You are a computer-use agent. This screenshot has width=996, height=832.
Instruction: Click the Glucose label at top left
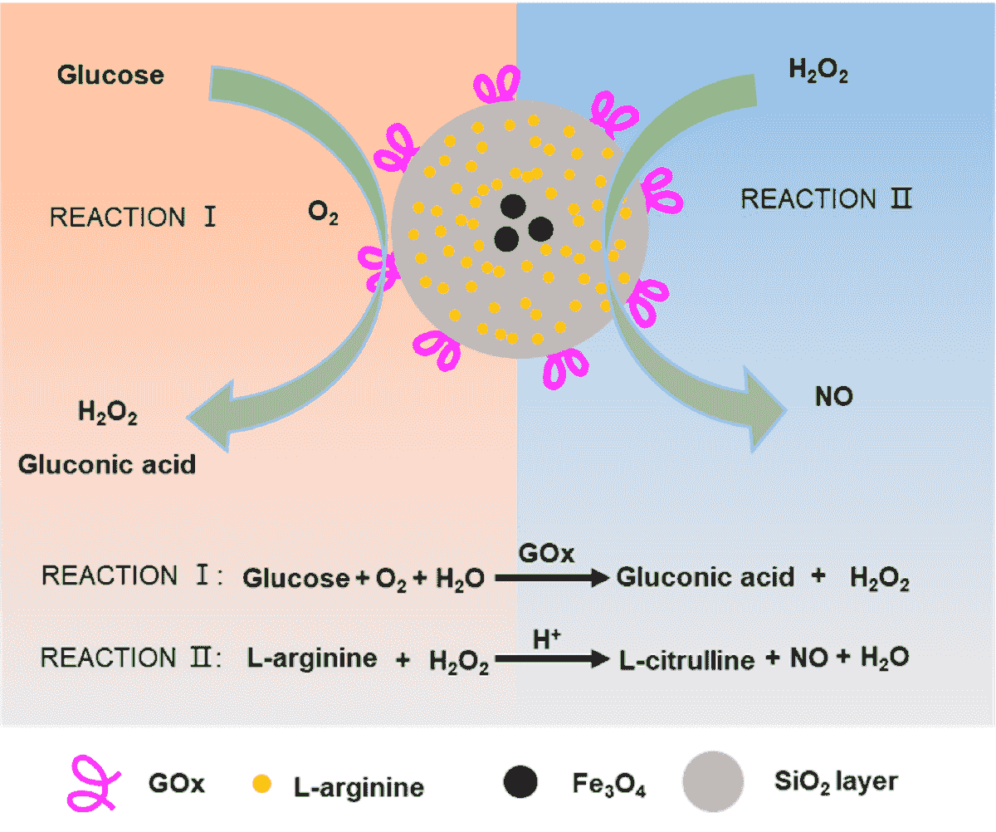coord(110,76)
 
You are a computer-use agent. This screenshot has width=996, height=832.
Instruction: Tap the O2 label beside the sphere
coord(323,214)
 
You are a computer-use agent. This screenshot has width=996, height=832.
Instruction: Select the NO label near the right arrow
coord(834,397)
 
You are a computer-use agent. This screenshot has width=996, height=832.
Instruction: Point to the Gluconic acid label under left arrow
coord(107,463)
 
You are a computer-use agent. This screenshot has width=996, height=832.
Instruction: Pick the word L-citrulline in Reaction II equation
coord(687,660)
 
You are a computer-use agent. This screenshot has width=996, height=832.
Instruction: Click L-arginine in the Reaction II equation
coord(312,659)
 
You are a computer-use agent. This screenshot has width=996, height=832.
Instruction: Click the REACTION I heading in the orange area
coord(133,218)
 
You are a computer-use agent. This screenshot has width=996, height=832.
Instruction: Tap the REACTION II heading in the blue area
coord(826,199)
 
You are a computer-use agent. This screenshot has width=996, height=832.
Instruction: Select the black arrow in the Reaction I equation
coord(552,579)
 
